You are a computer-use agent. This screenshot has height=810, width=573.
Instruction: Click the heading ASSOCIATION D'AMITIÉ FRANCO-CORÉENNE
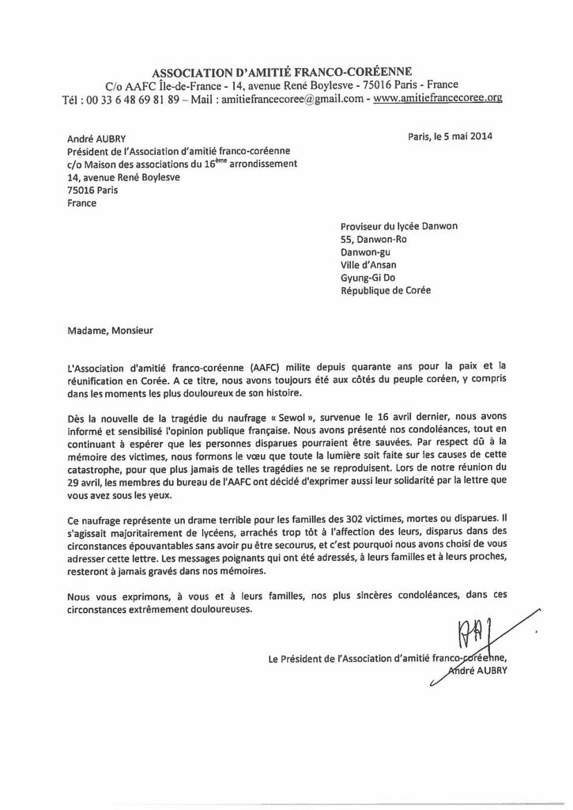pos(281,71)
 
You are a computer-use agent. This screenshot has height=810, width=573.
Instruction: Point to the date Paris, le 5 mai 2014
pos(450,135)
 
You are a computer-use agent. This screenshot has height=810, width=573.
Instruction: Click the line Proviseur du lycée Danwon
pos(398,225)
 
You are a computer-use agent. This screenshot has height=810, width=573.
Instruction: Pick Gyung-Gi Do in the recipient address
pos(368,278)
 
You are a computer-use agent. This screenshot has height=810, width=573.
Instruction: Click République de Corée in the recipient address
pos(386,290)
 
